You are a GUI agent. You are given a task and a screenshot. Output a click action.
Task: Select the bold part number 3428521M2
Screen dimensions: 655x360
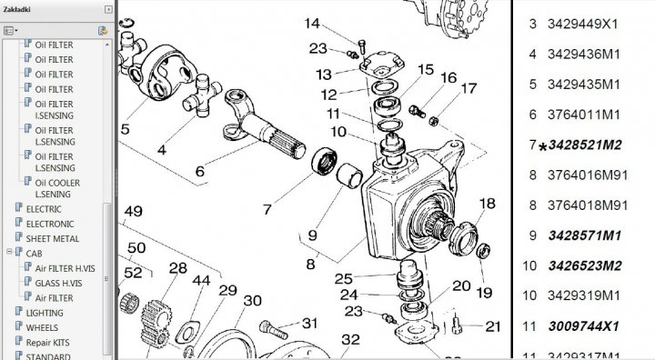[x=585, y=145]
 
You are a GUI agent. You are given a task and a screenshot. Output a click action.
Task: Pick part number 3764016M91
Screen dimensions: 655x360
[x=588, y=175]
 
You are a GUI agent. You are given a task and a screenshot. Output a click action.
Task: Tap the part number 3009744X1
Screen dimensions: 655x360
[x=583, y=325]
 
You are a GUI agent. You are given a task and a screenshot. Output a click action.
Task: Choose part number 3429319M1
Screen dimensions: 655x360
[x=584, y=295]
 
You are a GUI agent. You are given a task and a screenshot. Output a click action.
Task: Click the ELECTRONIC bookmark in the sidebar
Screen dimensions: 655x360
[x=50, y=224]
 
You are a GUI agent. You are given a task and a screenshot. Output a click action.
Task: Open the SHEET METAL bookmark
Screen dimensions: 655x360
[x=52, y=239]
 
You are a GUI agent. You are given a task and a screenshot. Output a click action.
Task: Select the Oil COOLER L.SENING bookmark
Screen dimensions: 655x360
[x=57, y=188]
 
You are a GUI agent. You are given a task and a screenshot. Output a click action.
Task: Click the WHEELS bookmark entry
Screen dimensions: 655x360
[x=42, y=328]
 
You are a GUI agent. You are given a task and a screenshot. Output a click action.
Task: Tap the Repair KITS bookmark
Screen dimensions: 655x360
[x=48, y=343]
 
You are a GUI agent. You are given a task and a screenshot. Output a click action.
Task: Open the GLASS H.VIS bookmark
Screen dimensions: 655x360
[x=58, y=283]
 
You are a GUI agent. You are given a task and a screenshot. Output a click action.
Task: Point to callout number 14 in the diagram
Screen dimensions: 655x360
[x=312, y=24]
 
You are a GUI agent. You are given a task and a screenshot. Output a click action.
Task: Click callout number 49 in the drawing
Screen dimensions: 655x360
[x=133, y=211]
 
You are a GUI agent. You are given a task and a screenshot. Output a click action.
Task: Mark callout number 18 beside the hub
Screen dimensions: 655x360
[x=487, y=204]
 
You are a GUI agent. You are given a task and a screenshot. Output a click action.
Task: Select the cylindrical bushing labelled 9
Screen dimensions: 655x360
[x=349, y=175]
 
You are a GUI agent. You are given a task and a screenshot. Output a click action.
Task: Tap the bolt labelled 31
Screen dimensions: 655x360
[x=274, y=329]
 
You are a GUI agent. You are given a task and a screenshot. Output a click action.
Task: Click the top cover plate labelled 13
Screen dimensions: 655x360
[x=381, y=65]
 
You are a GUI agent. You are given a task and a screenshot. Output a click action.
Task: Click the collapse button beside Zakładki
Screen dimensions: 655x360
[x=108, y=9]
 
